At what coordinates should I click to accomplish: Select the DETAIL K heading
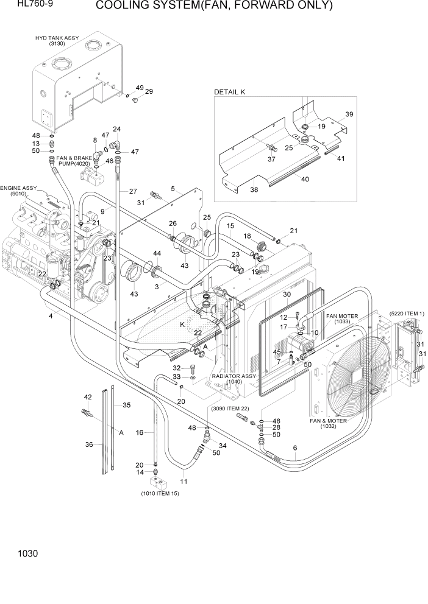point(229,92)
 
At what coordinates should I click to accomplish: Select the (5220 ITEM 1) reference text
point(405,313)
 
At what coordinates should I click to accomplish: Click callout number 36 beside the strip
point(90,444)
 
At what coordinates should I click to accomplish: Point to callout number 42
point(88,398)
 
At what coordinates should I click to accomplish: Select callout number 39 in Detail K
point(349,114)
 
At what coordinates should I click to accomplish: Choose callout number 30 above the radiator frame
point(288,294)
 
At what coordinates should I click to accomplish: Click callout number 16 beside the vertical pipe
point(139,432)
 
